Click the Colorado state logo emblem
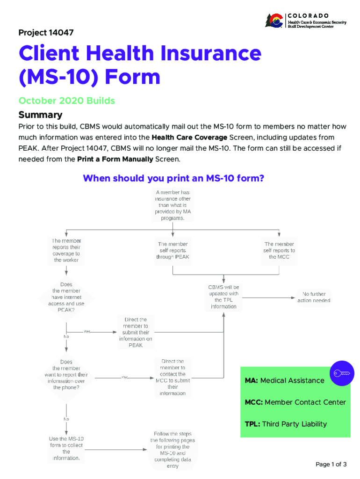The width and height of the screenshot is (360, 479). click(x=274, y=21)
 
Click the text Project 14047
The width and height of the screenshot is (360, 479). click(x=46, y=33)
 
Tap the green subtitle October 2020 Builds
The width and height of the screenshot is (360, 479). click(x=66, y=101)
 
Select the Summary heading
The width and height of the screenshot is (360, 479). click(x=40, y=115)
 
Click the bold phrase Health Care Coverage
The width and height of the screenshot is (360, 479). click(x=189, y=137)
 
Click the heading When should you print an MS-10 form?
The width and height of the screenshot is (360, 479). click(x=173, y=178)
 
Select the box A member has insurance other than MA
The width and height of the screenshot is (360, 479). click(x=173, y=205)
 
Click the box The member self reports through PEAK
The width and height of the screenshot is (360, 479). click(x=173, y=250)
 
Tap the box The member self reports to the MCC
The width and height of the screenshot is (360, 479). click(x=279, y=250)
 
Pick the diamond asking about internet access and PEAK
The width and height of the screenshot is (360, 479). click(x=66, y=297)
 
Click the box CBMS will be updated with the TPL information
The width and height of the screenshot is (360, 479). click(x=223, y=297)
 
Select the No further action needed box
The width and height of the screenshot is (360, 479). click(x=314, y=297)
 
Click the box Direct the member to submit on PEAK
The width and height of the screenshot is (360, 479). click(x=136, y=332)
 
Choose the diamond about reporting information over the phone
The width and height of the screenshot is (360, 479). click(x=66, y=374)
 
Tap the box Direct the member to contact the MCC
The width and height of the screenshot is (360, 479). click(x=173, y=377)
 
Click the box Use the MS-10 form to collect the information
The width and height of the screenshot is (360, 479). click(x=66, y=448)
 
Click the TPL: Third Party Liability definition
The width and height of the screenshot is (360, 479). click(x=286, y=424)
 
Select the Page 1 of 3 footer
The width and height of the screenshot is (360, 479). click(x=331, y=464)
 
